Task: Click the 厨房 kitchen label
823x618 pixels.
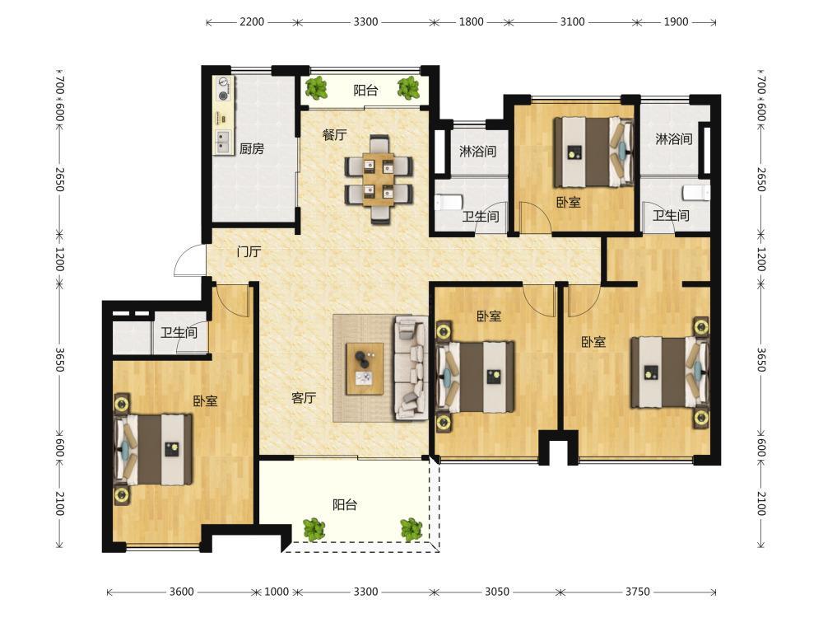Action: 251,148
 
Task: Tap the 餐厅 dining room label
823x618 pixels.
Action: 334,135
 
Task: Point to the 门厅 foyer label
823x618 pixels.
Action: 249,251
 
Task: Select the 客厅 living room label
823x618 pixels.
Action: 304,398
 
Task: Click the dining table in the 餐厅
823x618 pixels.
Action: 379,180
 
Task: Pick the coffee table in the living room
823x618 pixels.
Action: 365,368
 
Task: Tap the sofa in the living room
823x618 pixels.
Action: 411,368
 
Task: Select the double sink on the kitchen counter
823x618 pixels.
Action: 223,142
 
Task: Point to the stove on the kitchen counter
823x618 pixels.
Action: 224,89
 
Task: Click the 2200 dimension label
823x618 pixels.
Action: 252,22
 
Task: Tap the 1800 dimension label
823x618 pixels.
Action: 471,22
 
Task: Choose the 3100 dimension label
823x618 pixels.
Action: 572,22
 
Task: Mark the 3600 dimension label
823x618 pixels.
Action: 182,592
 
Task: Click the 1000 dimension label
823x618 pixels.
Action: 277,592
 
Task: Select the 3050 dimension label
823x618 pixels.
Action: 497,592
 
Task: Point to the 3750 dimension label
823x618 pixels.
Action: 638,592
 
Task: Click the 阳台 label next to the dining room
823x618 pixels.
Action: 365,91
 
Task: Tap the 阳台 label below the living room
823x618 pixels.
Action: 345,505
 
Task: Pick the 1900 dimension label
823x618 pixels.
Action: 676,22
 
